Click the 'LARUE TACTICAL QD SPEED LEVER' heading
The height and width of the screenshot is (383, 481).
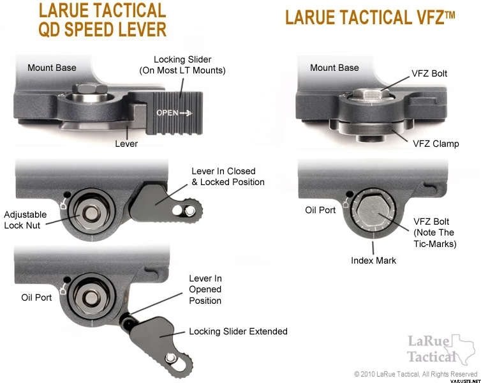click(103, 20)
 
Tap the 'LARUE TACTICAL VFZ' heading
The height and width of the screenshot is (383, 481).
click(370, 17)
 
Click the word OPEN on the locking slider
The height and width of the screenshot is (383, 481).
click(167, 112)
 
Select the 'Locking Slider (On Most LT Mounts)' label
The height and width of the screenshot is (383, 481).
click(182, 64)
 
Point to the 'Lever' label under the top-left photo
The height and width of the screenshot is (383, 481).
click(126, 144)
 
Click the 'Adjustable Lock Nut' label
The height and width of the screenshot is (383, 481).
click(25, 220)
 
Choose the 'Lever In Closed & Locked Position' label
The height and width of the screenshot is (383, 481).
click(228, 176)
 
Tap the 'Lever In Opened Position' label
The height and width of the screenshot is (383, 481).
click(205, 289)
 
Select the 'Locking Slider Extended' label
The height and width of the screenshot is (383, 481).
click(239, 331)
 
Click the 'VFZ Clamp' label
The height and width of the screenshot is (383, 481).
click(436, 144)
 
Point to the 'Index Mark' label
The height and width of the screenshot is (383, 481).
click(373, 260)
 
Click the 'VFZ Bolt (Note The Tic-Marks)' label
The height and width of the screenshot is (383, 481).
click(435, 232)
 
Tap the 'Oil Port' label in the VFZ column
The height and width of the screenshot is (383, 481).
click(320, 210)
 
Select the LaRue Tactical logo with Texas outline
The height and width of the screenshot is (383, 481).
click(441, 350)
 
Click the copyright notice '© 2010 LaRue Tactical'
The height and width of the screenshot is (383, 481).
click(416, 374)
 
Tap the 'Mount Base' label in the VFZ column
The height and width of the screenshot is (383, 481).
click(334, 68)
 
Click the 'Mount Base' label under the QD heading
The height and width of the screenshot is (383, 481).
click(52, 68)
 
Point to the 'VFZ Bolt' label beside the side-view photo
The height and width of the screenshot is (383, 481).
click(429, 73)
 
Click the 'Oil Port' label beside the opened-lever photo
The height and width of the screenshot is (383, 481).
click(36, 297)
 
